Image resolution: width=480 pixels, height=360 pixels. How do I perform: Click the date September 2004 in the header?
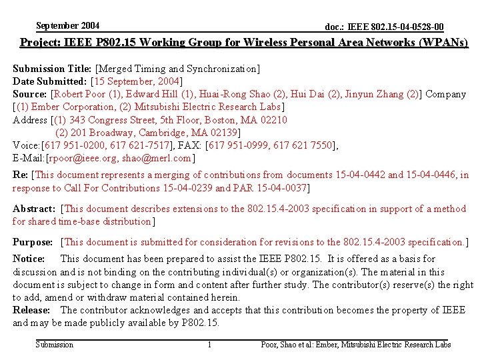pos(68,26)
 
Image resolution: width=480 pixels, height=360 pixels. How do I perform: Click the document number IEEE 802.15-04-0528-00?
pos(384,27)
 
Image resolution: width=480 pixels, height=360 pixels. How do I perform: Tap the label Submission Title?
pos(53,69)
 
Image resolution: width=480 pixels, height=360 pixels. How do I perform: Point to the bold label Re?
pos(20,175)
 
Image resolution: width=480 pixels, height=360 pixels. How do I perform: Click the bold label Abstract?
pos(33,209)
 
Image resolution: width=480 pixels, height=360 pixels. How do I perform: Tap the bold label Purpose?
pos(33,242)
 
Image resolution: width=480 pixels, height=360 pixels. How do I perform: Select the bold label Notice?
pos(29,259)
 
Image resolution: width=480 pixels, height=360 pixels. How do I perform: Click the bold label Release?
pos(31,310)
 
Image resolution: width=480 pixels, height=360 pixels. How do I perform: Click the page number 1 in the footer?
pos(209,345)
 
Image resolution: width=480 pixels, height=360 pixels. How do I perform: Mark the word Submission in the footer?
pos(55,345)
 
